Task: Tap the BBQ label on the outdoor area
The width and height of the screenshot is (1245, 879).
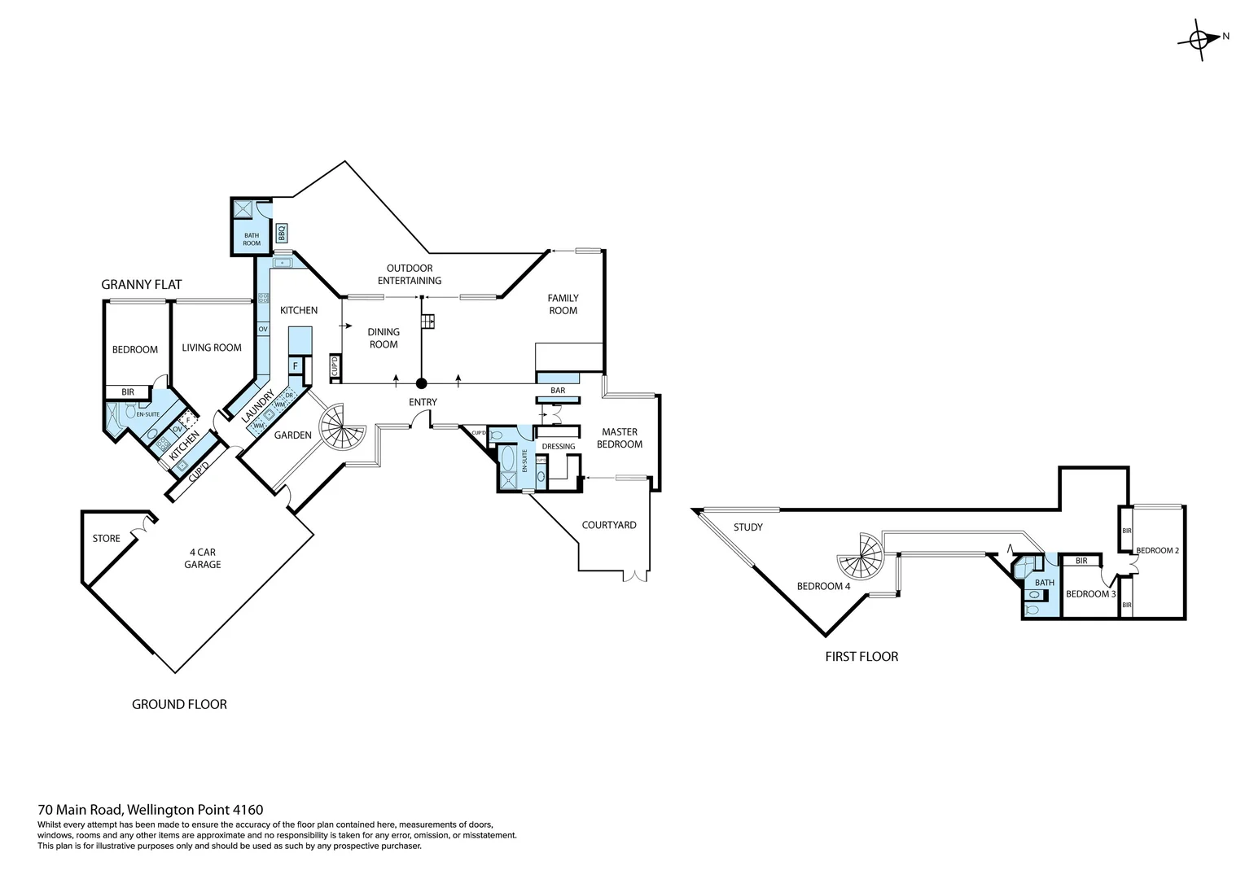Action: (x=282, y=233)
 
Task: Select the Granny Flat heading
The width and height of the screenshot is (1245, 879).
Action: (x=141, y=284)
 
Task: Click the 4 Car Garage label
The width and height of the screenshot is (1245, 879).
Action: (x=202, y=558)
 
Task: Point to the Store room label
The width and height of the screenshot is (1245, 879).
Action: (x=106, y=538)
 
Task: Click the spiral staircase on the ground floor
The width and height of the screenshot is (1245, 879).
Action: (x=342, y=429)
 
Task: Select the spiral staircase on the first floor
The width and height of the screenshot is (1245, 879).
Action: (x=861, y=556)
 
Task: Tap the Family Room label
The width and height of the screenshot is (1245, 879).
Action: (x=563, y=304)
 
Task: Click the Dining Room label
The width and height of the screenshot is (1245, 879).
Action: (x=384, y=338)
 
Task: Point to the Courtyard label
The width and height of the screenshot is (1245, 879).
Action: (x=609, y=525)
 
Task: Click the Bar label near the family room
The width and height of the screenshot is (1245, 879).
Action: (x=558, y=391)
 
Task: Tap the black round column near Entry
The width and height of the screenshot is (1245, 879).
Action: (x=421, y=383)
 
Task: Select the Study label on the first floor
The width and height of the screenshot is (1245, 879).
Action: (x=747, y=527)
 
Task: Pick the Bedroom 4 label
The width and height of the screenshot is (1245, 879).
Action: (x=823, y=586)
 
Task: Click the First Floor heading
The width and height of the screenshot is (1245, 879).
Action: (x=861, y=656)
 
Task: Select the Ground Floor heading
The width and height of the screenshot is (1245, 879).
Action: (x=179, y=704)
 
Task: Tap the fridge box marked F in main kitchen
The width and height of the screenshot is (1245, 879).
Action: (x=296, y=366)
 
